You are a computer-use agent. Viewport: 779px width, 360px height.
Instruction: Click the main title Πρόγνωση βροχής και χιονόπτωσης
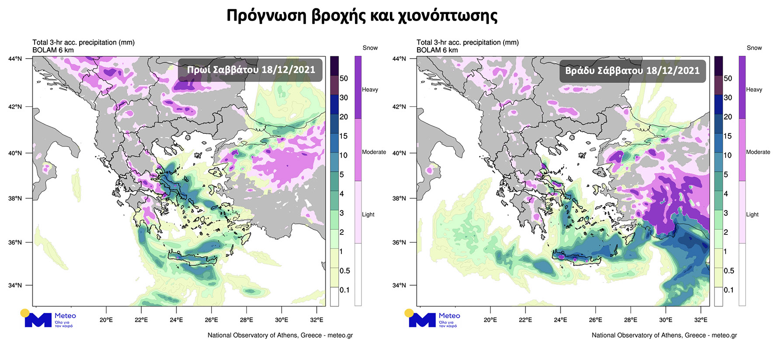pos(362,16)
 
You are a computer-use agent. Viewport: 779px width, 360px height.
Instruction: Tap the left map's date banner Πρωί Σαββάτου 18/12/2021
pos(250,70)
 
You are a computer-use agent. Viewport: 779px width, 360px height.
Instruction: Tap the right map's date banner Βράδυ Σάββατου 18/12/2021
pos(632,71)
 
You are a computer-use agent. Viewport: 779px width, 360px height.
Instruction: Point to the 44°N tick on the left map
pos(15,59)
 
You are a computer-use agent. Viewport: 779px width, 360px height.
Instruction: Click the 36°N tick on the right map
pos(399,242)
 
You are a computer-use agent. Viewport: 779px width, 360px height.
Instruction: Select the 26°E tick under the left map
pos(211,320)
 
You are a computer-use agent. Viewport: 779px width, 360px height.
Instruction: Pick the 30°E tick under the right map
pos(665,320)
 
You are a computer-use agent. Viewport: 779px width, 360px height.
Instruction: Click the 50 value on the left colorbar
pos(344,79)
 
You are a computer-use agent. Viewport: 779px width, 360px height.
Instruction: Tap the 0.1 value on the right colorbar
pos(728,290)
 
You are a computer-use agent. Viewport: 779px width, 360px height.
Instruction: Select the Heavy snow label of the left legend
pos(370,90)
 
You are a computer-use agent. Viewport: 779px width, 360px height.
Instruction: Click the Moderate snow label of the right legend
pos(758,152)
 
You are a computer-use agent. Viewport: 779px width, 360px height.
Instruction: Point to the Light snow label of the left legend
pos(368,215)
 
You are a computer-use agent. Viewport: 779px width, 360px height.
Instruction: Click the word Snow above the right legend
pos(754,48)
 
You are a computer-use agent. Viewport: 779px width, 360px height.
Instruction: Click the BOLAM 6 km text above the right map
pos(437,50)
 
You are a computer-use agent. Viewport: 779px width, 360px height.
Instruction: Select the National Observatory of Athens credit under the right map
pos(664,335)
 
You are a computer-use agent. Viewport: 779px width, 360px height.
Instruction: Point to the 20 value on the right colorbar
pos(728,117)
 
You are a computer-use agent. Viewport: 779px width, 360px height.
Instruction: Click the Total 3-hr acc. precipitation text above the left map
pos(83,42)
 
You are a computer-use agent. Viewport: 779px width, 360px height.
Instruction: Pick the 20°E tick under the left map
pos(106,320)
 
